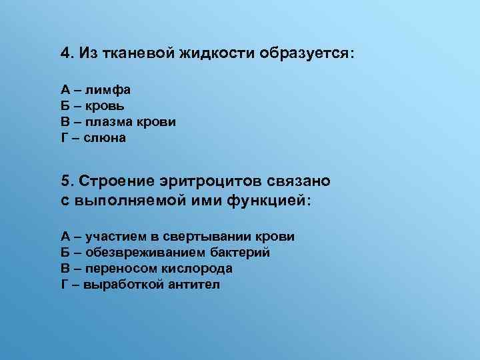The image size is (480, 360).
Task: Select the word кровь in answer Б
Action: click(x=105, y=107)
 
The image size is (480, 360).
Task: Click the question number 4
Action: click(x=65, y=53)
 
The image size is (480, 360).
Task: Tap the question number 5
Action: click(x=65, y=181)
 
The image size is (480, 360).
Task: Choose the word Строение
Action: click(x=117, y=181)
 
